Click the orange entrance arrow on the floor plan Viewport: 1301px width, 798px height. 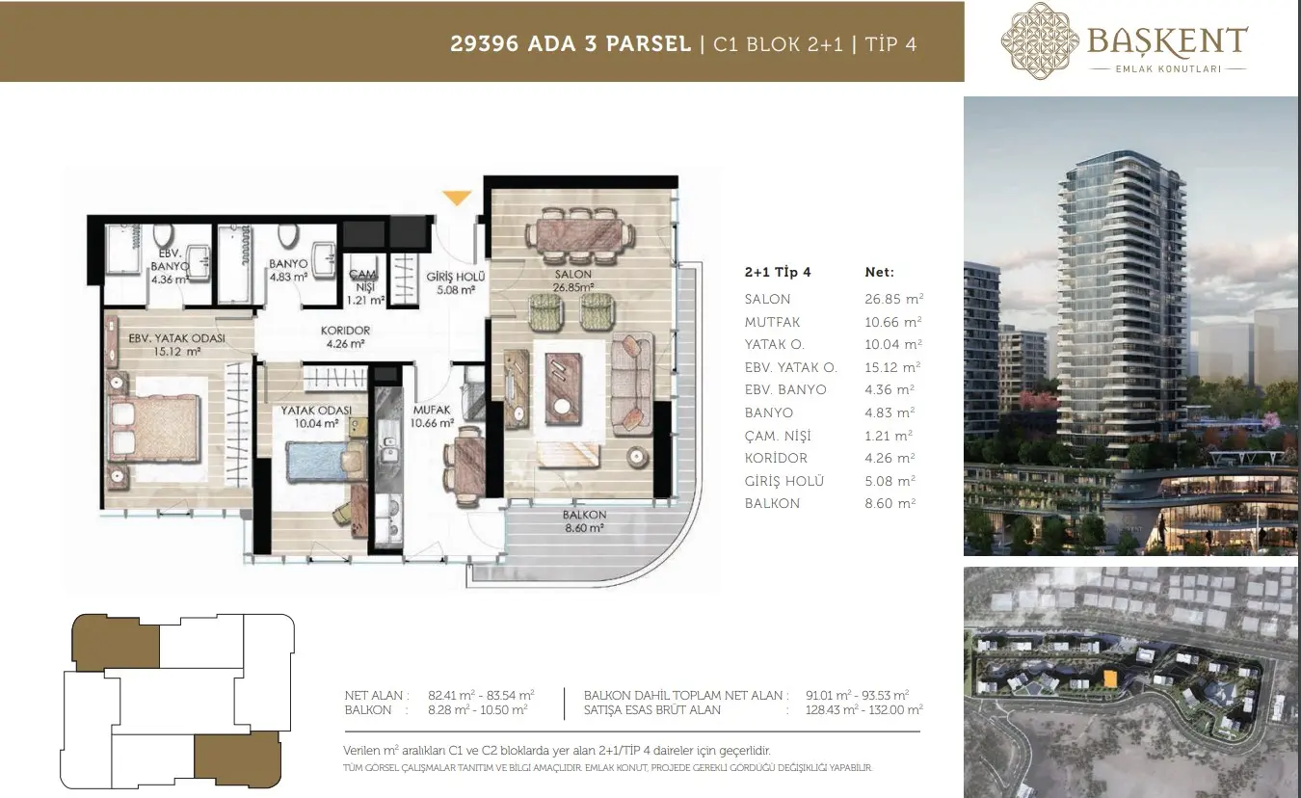(457, 198)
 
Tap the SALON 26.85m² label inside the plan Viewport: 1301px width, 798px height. (573, 280)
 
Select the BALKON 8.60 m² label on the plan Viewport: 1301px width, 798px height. (584, 521)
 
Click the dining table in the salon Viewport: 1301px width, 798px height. (579, 235)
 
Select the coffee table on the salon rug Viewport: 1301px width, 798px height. (563, 388)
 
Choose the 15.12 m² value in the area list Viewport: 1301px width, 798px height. (892, 367)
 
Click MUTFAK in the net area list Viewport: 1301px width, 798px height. (772, 322)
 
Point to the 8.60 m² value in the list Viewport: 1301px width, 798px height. (889, 503)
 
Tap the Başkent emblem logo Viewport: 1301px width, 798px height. (1040, 40)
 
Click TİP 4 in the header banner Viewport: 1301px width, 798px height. (890, 44)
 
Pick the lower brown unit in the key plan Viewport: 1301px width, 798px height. (237, 758)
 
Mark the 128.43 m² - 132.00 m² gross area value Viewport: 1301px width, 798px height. (863, 709)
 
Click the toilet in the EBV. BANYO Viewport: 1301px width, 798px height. (163, 236)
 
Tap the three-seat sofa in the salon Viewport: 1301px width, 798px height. (631, 384)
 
